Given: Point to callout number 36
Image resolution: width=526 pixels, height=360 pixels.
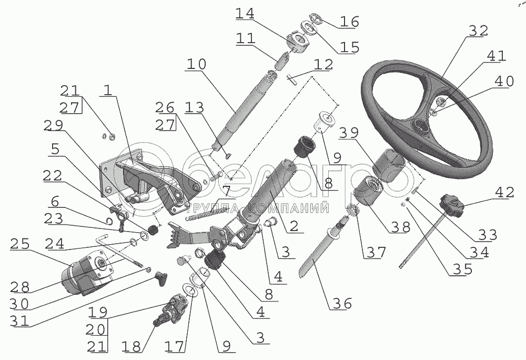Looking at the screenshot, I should pyautogui.click(x=341, y=304).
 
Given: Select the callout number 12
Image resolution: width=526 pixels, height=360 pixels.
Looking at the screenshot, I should pyautogui.click(x=324, y=65).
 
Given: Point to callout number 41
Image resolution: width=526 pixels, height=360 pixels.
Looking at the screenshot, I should pyautogui.click(x=497, y=56).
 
